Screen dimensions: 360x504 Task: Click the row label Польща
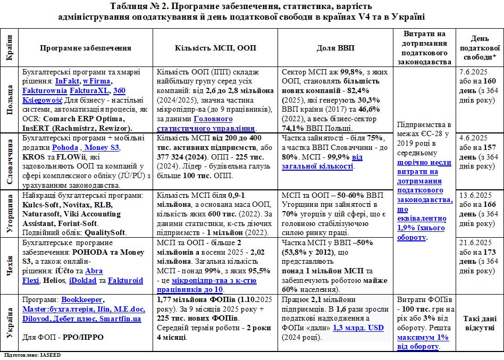[9, 100]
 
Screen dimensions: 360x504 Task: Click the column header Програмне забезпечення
[85, 48]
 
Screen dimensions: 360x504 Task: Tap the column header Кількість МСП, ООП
[215, 48]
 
